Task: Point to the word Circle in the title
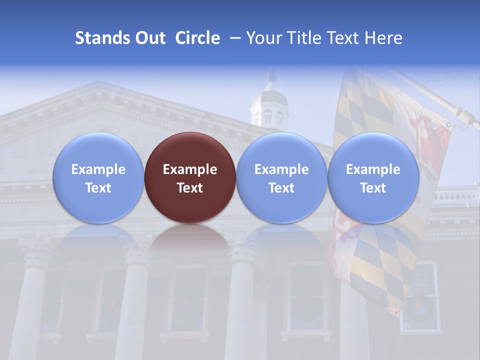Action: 197,38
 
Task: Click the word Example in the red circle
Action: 190,169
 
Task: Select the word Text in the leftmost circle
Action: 98,188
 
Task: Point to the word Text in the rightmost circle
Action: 373,188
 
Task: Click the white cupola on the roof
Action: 269,107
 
